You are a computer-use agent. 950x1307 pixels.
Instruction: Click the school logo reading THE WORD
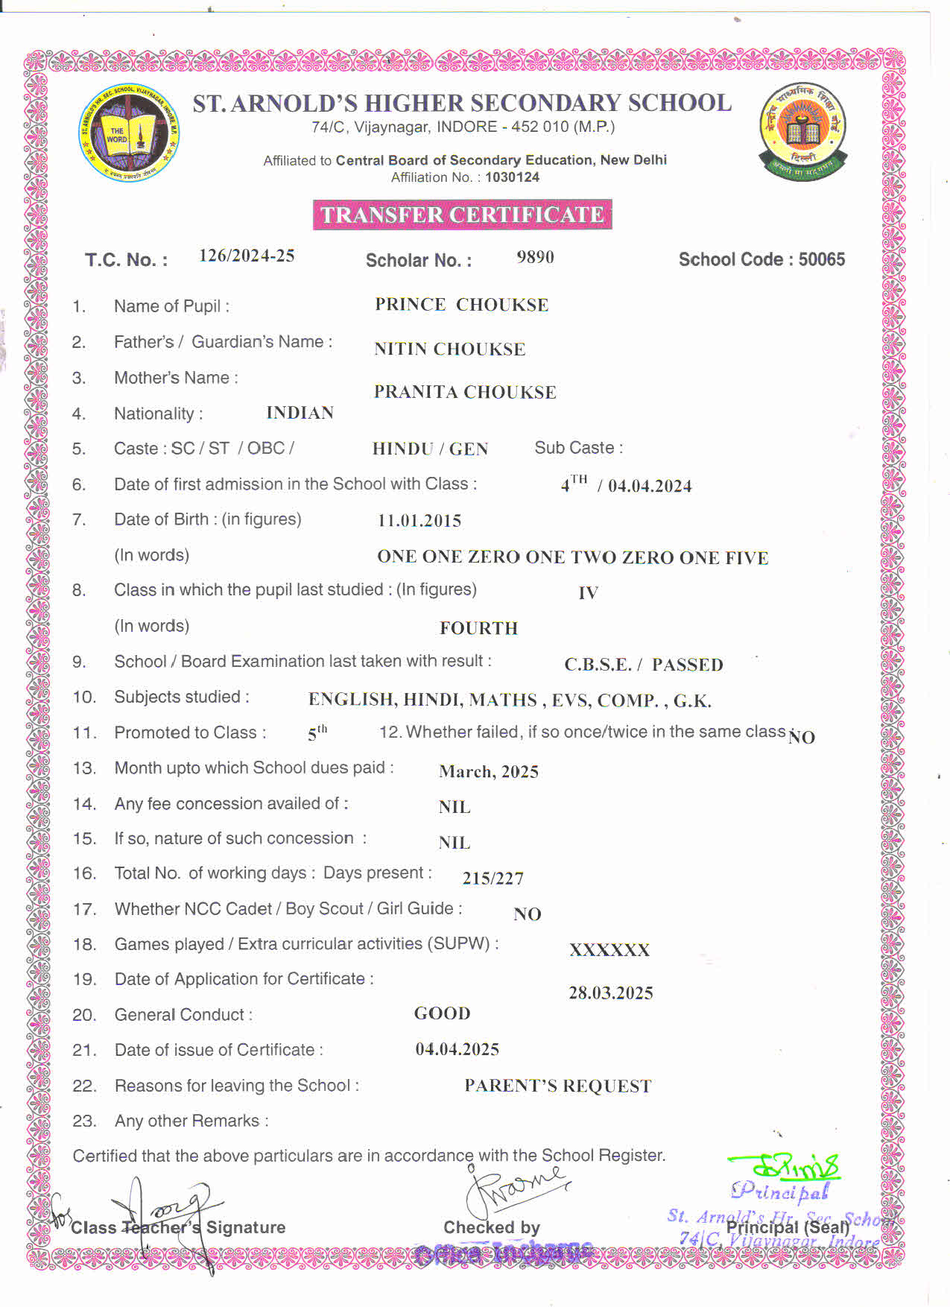pyautogui.click(x=129, y=133)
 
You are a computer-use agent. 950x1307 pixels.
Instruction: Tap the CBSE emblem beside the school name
pyautogui.click(x=803, y=132)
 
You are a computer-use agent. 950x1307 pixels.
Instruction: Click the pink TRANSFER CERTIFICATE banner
pyautogui.click(x=462, y=215)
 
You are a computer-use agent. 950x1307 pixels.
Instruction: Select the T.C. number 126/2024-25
pyautogui.click(x=247, y=256)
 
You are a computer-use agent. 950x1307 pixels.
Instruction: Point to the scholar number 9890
pyautogui.click(x=535, y=257)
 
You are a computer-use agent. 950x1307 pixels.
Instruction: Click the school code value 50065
pyautogui.click(x=822, y=259)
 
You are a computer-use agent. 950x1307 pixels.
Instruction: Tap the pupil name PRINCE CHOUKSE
pyautogui.click(x=461, y=305)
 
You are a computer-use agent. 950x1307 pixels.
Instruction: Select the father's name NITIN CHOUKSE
pyautogui.click(x=449, y=349)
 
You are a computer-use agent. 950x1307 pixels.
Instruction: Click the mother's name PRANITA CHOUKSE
pyautogui.click(x=465, y=392)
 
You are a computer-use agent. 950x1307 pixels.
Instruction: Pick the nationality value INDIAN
pyautogui.click(x=300, y=413)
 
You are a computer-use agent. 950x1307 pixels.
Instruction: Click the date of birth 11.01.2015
pyautogui.click(x=419, y=521)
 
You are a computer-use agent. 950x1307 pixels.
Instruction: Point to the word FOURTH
pyautogui.click(x=478, y=628)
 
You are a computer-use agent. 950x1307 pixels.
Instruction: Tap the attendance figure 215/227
pyautogui.click(x=493, y=879)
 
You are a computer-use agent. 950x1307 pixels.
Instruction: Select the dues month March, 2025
pyautogui.click(x=489, y=771)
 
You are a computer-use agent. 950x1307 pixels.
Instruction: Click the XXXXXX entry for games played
pyautogui.click(x=609, y=950)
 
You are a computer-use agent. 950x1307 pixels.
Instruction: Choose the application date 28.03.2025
pyautogui.click(x=611, y=993)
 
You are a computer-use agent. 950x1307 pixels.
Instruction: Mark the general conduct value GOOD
pyautogui.click(x=442, y=1013)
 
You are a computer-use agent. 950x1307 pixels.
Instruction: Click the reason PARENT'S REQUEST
pyautogui.click(x=557, y=1086)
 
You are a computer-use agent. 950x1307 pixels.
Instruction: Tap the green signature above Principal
pyautogui.click(x=786, y=1167)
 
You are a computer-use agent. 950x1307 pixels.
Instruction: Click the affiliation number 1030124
pyautogui.click(x=512, y=177)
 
